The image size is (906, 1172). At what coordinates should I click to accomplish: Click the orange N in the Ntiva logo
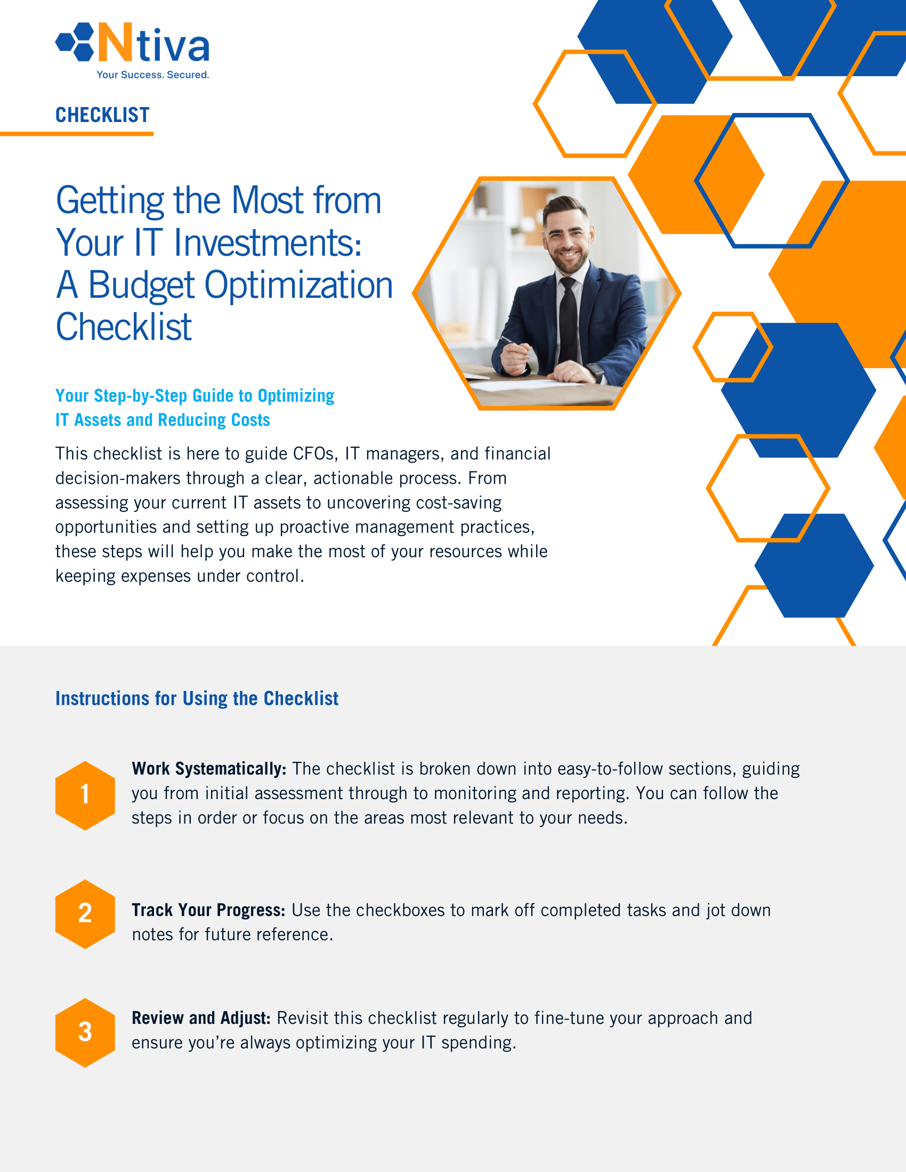tap(115, 43)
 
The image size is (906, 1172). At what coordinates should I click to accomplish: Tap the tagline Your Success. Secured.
tap(152, 75)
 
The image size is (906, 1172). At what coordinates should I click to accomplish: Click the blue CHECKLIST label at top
tap(102, 115)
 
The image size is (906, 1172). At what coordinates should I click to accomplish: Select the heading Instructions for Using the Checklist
tap(197, 699)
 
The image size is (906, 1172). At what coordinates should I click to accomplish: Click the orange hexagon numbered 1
tap(85, 795)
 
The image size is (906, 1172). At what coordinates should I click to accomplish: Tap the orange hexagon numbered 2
tap(85, 913)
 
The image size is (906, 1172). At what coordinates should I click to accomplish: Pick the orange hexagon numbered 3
tap(85, 1032)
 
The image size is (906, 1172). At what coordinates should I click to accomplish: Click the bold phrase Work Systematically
tap(208, 769)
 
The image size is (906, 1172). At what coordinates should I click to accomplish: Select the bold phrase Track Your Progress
tap(208, 910)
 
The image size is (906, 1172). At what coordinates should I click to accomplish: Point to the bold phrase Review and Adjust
tap(201, 1018)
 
